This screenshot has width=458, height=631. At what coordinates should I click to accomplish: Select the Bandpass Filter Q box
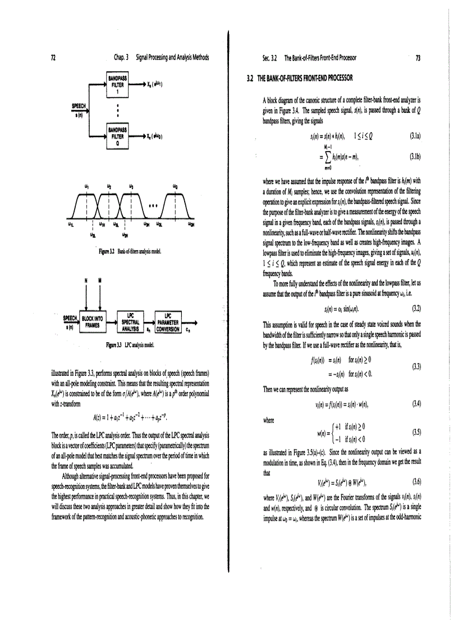[x=119, y=136]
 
